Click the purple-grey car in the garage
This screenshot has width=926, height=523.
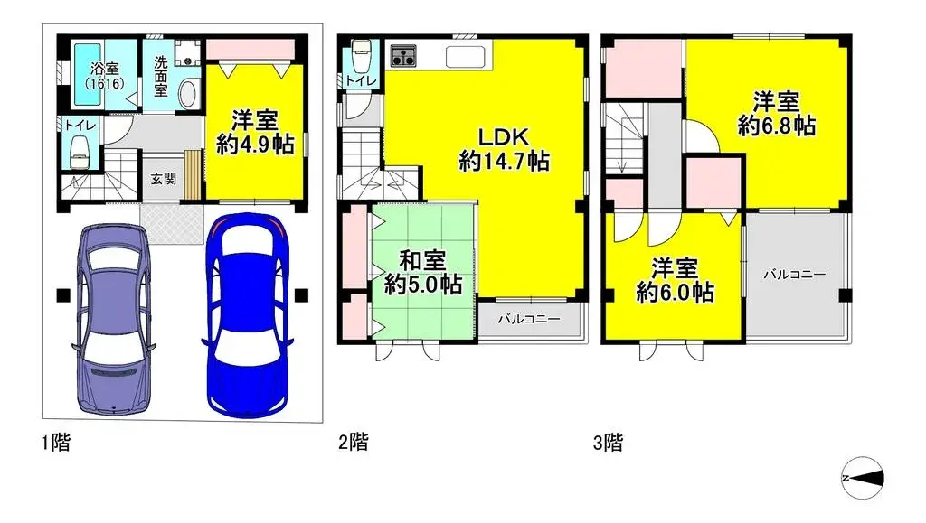tap(112, 318)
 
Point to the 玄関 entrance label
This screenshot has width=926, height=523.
tap(164, 179)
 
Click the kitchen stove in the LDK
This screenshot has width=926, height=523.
tap(402, 56)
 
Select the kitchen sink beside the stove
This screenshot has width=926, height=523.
tap(465, 57)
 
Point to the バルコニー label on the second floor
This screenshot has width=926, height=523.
tap(529, 319)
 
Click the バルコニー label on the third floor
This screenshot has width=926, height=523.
tap(792, 273)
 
